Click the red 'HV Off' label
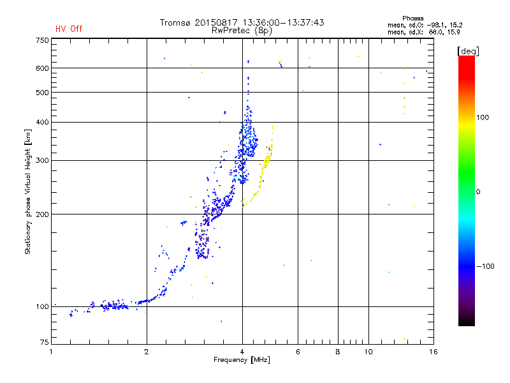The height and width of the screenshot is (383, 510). (x=68, y=29)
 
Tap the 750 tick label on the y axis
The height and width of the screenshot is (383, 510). (x=42, y=40)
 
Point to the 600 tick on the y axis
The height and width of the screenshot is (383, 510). (x=42, y=68)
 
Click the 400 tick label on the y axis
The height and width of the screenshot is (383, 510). (x=42, y=122)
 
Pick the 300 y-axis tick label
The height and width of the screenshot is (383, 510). (x=42, y=160)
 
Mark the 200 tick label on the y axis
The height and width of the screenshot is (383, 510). (x=42, y=214)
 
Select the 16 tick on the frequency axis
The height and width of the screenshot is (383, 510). (x=433, y=352)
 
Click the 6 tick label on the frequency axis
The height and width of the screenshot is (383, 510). (x=298, y=352)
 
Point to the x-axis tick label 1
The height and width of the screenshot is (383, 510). (x=51, y=352)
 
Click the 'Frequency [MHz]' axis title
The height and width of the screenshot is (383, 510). (x=242, y=360)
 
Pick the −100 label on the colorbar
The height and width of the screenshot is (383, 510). (x=485, y=266)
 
